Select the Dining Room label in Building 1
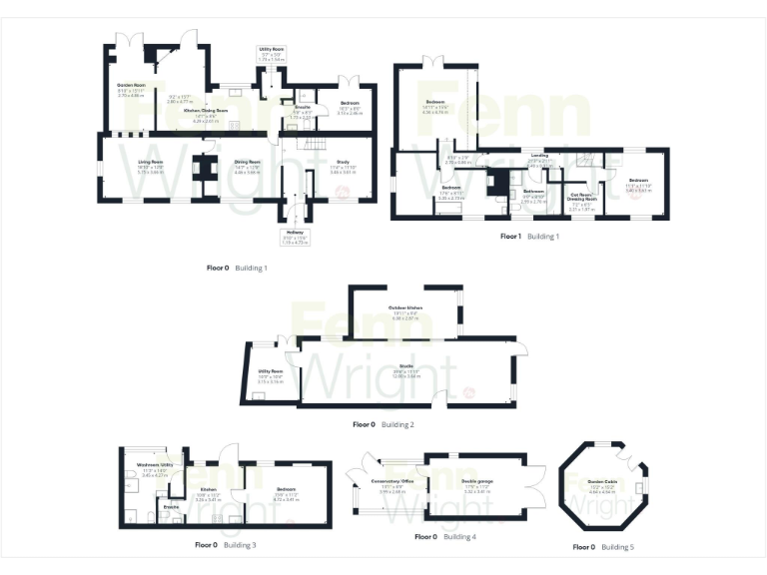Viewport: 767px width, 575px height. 247,162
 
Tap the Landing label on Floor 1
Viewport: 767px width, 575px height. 538,156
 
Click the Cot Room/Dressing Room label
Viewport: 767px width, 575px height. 581,198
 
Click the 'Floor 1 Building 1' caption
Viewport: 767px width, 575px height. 529,237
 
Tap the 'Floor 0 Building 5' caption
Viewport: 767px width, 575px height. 602,547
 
